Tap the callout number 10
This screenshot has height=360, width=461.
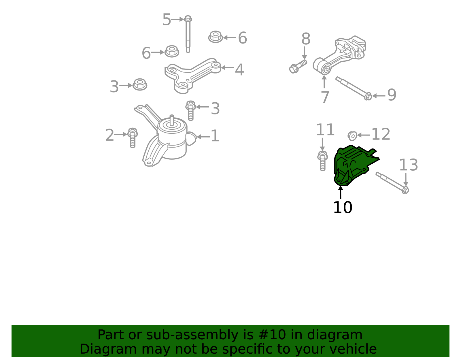click(343, 208)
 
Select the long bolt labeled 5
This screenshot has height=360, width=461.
click(188, 34)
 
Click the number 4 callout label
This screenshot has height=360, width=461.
click(239, 69)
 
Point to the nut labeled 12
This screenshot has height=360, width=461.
click(352, 136)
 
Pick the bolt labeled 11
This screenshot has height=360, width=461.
click(322, 161)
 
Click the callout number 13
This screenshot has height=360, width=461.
click(408, 165)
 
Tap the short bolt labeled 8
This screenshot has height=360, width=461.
click(298, 66)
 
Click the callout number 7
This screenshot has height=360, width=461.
click(325, 97)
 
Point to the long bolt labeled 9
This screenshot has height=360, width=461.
click(354, 88)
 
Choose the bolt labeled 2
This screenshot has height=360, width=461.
click(133, 138)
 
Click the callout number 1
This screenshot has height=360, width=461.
click(215, 136)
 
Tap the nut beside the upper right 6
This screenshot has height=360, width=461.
click(215, 37)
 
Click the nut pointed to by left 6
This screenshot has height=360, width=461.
click(172, 51)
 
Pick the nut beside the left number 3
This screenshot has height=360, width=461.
click(140, 84)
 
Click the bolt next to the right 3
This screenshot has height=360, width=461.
click(190, 110)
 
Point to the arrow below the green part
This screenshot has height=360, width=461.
click(341, 192)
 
